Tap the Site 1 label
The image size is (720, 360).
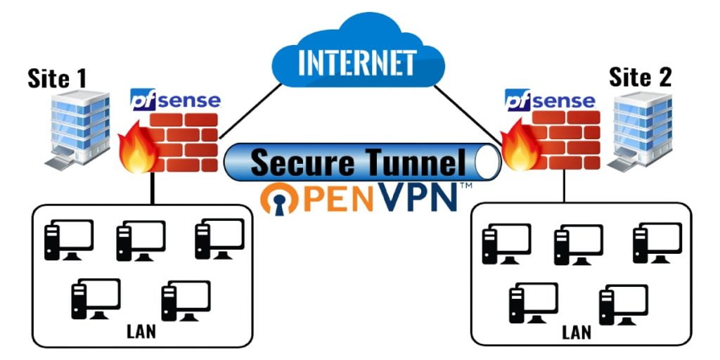(x=57, y=78)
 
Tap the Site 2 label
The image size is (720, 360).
(x=640, y=77)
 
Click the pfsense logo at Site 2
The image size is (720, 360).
(x=549, y=101)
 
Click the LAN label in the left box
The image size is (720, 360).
(x=142, y=330)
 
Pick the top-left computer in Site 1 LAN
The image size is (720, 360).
(x=67, y=240)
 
